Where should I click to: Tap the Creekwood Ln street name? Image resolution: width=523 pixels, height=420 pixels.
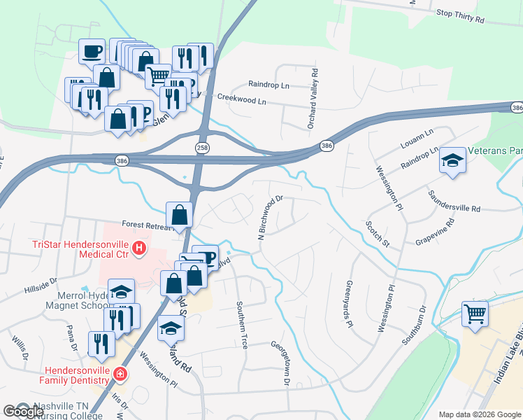point(242,100)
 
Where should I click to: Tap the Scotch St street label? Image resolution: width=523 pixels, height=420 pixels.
point(378,234)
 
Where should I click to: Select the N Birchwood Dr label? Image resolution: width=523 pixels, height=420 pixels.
point(270,217)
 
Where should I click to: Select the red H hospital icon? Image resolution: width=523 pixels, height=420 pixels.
point(139,248)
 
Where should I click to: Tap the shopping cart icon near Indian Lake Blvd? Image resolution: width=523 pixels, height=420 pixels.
point(475,314)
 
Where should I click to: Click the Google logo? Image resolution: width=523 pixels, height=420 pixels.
point(23,412)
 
